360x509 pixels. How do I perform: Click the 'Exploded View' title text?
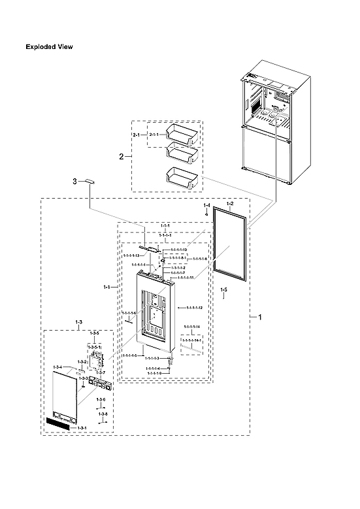(x=49, y=47)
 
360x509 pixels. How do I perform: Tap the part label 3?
(x=75, y=180)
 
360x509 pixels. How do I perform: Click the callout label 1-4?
(x=207, y=206)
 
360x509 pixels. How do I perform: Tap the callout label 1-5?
(x=223, y=289)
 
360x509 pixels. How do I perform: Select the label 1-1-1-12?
(x=194, y=307)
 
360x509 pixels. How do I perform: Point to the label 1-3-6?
(x=101, y=399)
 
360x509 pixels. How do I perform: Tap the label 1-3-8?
(x=104, y=414)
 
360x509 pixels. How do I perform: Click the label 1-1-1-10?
(x=179, y=250)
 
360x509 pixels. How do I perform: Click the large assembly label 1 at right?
(x=261, y=317)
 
